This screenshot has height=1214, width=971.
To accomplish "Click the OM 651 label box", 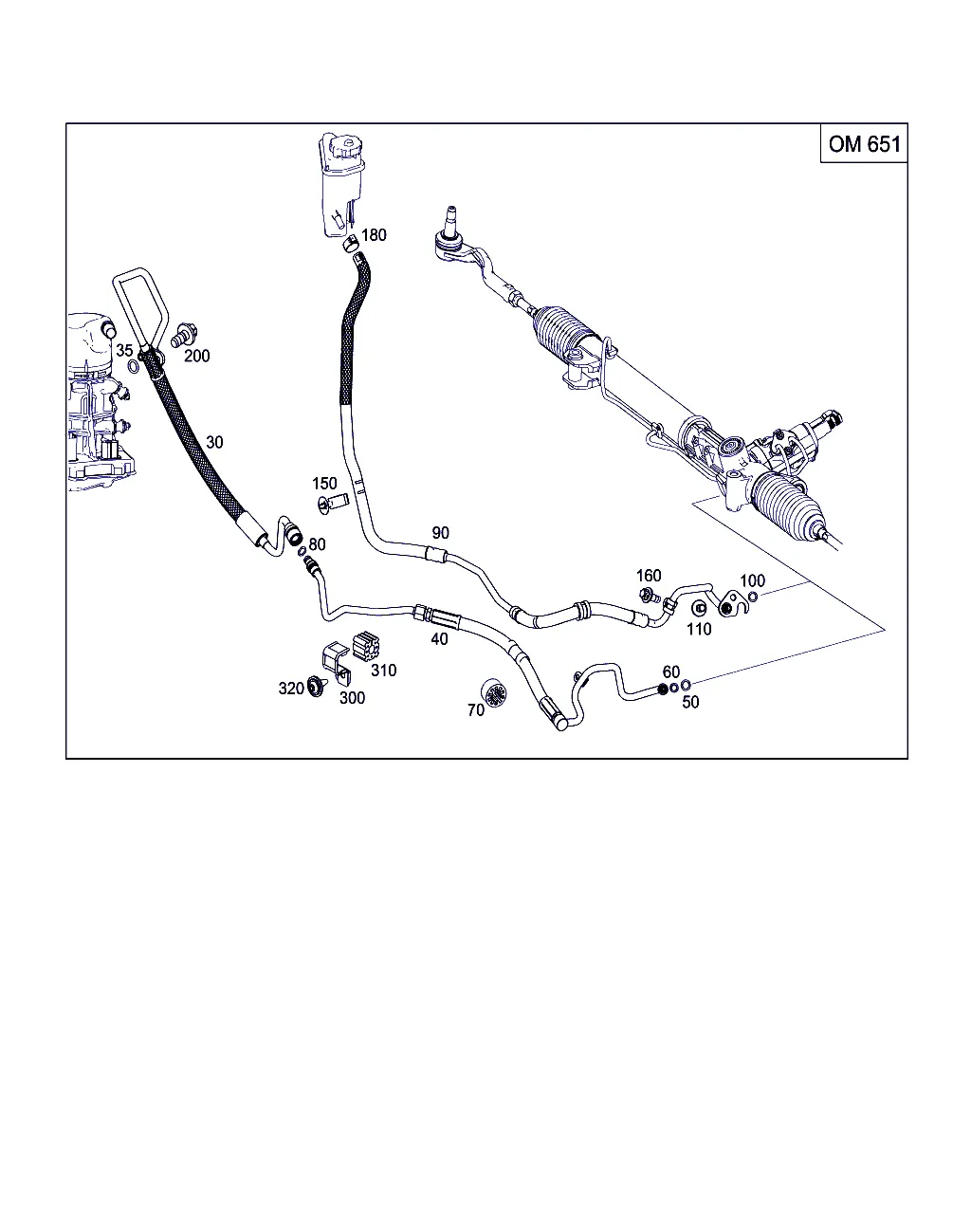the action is pyautogui.click(x=863, y=143).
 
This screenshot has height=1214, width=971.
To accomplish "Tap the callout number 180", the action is pyautogui.click(x=374, y=234).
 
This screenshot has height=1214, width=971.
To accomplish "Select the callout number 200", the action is pyautogui.click(x=197, y=356).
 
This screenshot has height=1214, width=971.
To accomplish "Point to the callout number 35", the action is pyautogui.click(x=124, y=350).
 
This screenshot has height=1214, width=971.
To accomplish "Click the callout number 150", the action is pyautogui.click(x=324, y=484).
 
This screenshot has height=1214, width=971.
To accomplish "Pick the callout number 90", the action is pyautogui.click(x=441, y=532).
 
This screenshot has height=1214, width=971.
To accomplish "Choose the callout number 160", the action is pyautogui.click(x=649, y=576).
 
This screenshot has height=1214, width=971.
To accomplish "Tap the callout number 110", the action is pyautogui.click(x=699, y=629).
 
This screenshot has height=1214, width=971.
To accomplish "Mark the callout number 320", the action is pyautogui.click(x=291, y=689).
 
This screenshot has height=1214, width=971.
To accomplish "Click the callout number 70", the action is pyautogui.click(x=476, y=709).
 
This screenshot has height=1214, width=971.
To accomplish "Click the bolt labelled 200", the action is pyautogui.click(x=184, y=335).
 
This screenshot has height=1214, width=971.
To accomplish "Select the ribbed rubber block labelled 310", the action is pyautogui.click(x=366, y=646).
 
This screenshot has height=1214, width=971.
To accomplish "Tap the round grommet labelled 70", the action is pyautogui.click(x=494, y=692).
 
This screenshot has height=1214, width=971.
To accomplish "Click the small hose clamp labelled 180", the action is pyautogui.click(x=351, y=244).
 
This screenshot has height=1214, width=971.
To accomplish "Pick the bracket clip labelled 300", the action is pyautogui.click(x=337, y=662).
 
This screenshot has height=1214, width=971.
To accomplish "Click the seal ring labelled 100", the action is pyautogui.click(x=753, y=597).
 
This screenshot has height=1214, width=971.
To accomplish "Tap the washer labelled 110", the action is pyautogui.click(x=699, y=608).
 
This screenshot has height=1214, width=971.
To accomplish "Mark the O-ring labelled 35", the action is pyautogui.click(x=134, y=367).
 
